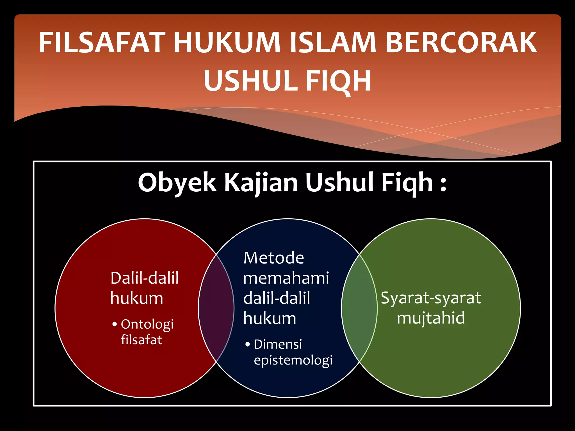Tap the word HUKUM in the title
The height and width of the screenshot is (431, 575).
click(x=227, y=43)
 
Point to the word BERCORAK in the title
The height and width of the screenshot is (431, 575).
click(x=461, y=43)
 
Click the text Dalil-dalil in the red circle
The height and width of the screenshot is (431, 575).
click(x=145, y=278)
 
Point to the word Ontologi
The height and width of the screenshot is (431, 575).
click(x=147, y=325)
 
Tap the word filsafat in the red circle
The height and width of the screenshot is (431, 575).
click(x=141, y=340)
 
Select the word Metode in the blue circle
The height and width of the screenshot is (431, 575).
click(x=273, y=258)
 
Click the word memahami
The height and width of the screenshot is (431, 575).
click(x=286, y=278)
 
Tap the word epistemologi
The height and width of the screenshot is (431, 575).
click(x=293, y=360)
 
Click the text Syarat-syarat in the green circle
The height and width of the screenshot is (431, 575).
click(x=431, y=298)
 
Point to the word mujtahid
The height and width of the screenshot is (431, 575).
click(x=431, y=318)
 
